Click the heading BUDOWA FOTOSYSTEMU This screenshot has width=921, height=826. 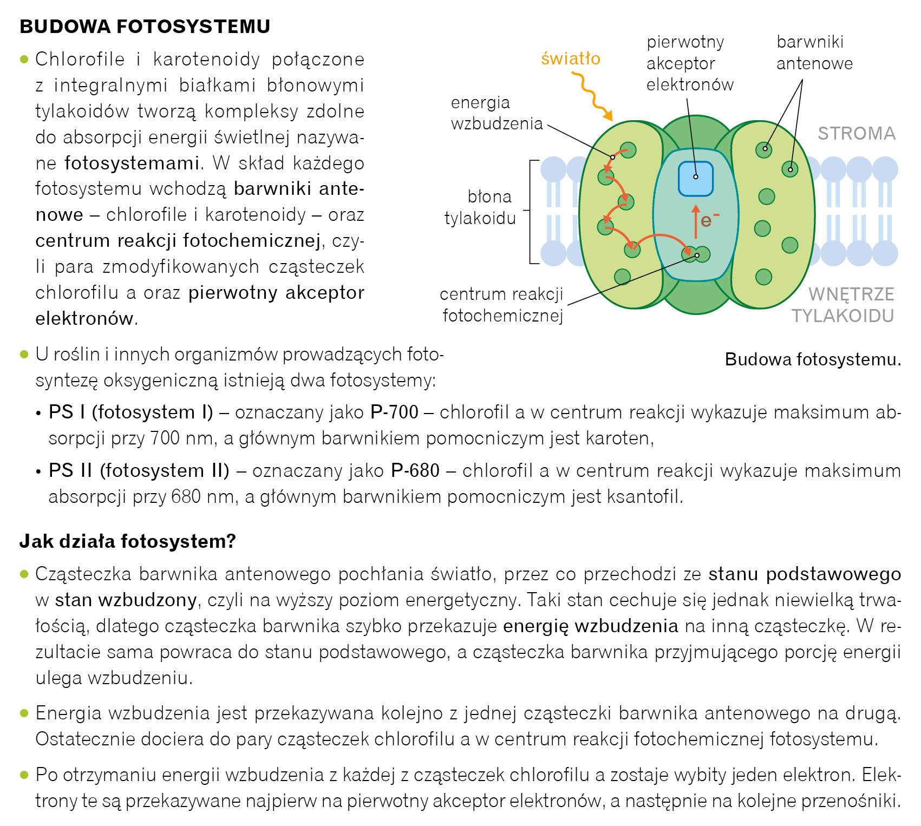pos(145,27)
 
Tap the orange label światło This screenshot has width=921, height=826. pos(571,58)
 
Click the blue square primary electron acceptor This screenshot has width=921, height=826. pos(696,178)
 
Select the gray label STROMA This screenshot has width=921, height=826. pos(857,134)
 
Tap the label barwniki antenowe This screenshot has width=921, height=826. pos(814,53)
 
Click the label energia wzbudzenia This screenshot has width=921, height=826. pos(496,113)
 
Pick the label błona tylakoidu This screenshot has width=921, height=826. pos(481,207)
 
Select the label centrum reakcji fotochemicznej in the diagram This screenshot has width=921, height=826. pos(502,305)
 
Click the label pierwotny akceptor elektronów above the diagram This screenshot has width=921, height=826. pos(690,63)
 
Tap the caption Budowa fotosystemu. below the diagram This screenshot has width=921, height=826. pos(813,359)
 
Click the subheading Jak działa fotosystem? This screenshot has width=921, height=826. pos(128,541)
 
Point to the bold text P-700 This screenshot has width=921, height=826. pos(394,412)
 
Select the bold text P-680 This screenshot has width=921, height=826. pos(415,470)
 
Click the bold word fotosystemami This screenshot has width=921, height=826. pos(132,163)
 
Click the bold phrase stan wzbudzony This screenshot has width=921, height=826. pos(126,600)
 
